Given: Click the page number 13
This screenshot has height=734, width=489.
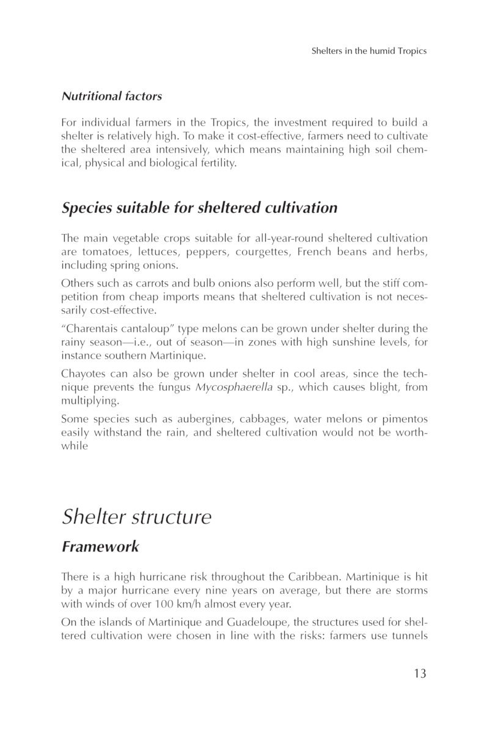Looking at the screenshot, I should pyautogui.click(x=418, y=673).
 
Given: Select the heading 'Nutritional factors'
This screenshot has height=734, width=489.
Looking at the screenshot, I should pyautogui.click(x=111, y=96).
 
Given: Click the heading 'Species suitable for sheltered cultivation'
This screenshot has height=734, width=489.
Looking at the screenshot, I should pyautogui.click(x=199, y=207).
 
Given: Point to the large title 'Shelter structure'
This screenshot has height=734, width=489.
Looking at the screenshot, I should pyautogui.click(x=136, y=517).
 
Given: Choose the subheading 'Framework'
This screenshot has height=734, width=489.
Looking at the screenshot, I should pyautogui.click(x=100, y=547).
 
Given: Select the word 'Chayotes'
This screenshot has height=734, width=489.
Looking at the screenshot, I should pyautogui.click(x=83, y=373).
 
